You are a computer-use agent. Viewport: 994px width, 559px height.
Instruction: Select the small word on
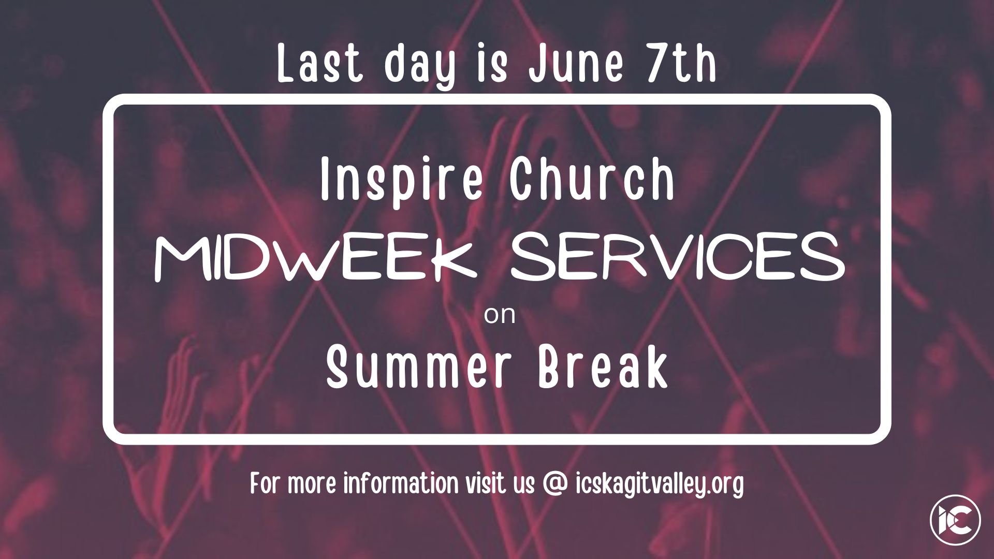tap(500, 316)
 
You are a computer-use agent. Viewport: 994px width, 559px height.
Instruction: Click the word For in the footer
tap(266, 483)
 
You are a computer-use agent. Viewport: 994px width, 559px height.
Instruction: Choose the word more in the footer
tap(313, 486)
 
